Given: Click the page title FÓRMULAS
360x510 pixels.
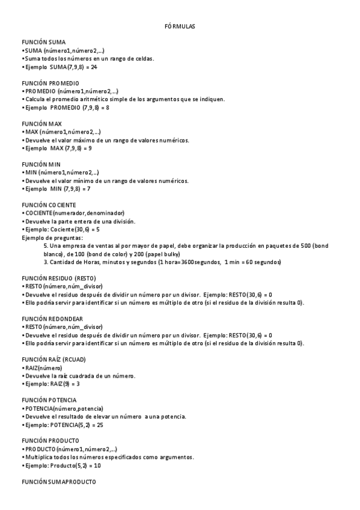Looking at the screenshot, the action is pos(180,27).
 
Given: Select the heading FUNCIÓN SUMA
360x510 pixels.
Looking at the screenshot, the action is pos(44,42).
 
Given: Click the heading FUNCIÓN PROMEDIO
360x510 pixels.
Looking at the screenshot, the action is pos(50,83).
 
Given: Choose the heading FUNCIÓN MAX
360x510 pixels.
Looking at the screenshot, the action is pos(42,124).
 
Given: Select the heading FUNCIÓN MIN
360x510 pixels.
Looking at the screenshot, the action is pos(41,164).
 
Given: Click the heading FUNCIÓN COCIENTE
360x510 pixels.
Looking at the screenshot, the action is pos(49,205).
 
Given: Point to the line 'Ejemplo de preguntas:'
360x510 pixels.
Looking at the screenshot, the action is pos(52,238).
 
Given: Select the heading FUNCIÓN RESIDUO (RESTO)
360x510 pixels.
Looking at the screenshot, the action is pos(58,278).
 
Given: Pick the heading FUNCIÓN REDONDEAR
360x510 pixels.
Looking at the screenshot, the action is pos(52,319).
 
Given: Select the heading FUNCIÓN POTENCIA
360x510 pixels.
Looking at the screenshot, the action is pos(49,400).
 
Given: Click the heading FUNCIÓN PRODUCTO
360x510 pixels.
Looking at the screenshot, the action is pos(50,441).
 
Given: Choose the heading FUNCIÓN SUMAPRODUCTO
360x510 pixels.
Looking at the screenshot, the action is pos(58,482).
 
